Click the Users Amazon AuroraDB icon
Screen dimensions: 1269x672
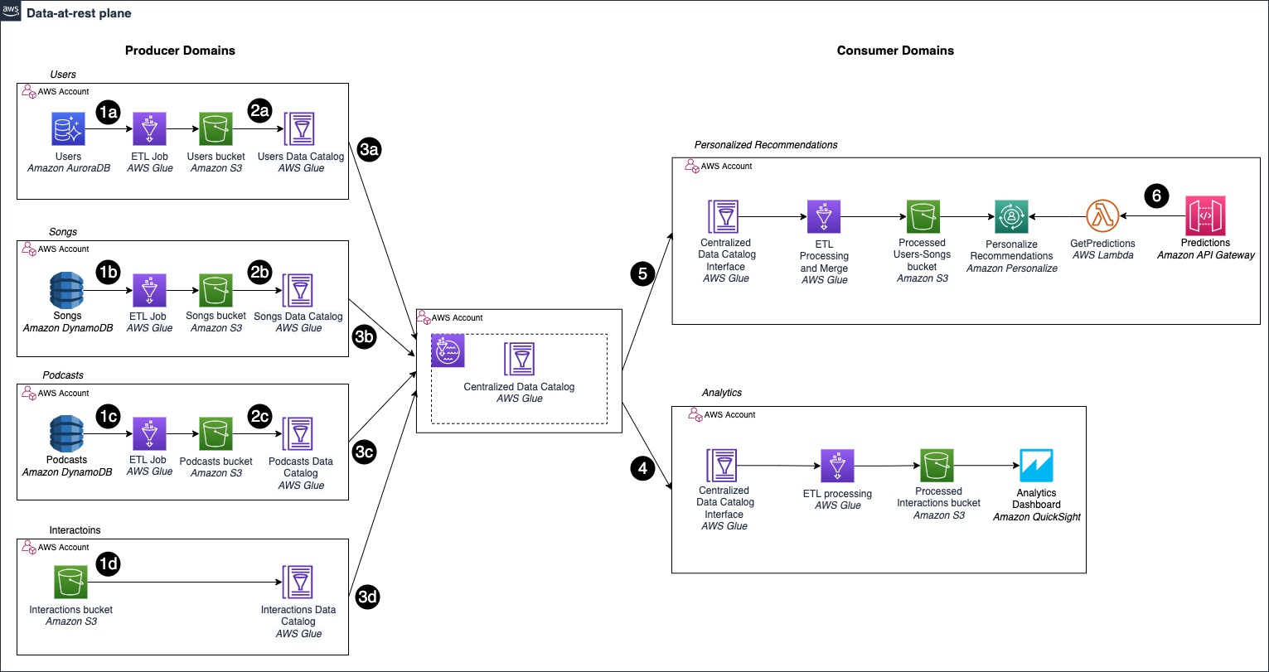[68, 128]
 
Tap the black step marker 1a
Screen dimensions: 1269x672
[108, 112]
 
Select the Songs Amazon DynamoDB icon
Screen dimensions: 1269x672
[67, 290]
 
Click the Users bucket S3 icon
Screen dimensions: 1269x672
[216, 128]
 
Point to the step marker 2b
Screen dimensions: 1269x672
[260, 273]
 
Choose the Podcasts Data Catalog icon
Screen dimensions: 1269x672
[298, 434]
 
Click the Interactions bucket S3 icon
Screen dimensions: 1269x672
[70, 582]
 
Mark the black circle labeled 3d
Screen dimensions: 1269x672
[367, 597]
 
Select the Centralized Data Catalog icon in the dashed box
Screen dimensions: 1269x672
[519, 359]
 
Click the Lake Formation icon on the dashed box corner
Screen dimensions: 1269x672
[448, 351]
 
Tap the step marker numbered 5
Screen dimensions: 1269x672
[642, 274]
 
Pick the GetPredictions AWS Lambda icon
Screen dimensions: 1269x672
[1102, 215]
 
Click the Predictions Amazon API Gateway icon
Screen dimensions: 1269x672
[1205, 215]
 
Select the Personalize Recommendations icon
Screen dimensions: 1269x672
[1011, 216]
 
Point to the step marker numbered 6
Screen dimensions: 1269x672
[1156, 196]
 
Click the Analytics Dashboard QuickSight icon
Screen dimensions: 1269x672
[1036, 466]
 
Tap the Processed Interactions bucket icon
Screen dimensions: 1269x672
[937, 466]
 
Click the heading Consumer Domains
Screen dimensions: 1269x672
[895, 51]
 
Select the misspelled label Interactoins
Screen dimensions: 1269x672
[75, 530]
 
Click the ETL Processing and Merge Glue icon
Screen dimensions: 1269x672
[824, 216]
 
